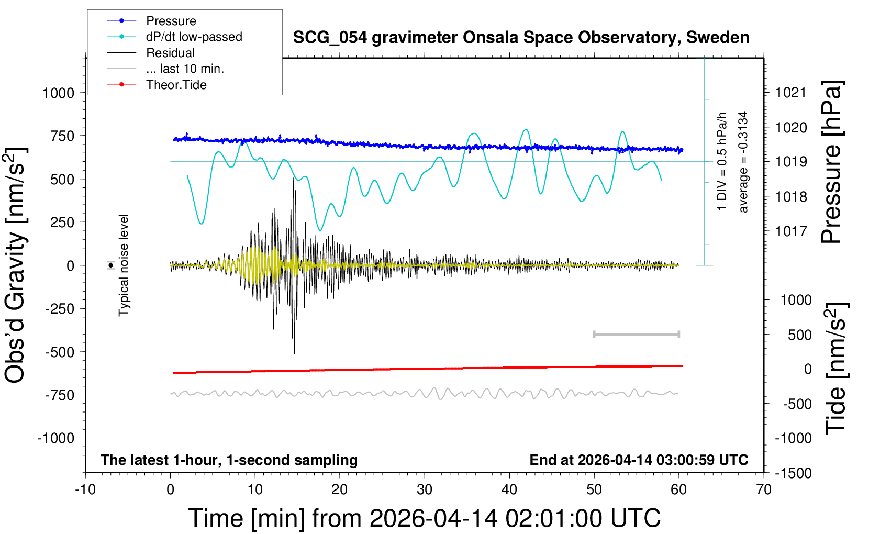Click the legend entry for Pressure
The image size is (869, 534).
pos(171,21)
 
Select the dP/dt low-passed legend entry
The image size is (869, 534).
pos(194,37)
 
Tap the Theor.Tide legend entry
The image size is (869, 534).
pos(176,85)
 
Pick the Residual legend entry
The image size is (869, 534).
pos(170,53)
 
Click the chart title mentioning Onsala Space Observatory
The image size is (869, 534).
pos(521,38)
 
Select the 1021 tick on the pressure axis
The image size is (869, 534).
pos(790,93)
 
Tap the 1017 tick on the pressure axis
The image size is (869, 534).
pos(790,231)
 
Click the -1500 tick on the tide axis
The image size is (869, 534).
pos(793,473)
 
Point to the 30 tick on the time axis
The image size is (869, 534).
pos(425,490)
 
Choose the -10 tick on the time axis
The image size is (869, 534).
pos(85,490)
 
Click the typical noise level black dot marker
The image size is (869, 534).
pos(111,265)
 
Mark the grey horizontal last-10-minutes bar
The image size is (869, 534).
pos(636,334)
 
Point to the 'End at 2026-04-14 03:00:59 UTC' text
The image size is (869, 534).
pos(639,460)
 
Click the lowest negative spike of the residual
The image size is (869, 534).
pos(294,353)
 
